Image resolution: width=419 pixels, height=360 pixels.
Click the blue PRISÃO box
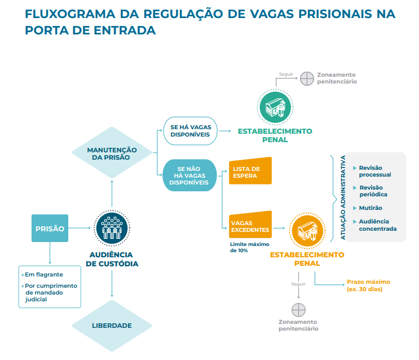pos(50,229)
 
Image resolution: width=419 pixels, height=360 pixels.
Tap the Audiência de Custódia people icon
pos(112,229)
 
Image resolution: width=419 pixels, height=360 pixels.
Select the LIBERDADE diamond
pos(112,326)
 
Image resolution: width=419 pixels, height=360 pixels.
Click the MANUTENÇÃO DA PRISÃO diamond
pos(112,153)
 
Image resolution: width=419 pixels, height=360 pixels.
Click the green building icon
pos(275,107)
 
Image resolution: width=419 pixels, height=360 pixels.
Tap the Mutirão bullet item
pos(371,208)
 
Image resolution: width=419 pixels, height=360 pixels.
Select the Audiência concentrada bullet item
pos(377,225)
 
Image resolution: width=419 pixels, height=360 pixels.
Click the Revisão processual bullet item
pos(374,171)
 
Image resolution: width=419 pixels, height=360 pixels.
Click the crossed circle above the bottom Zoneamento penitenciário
pos(298,309)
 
